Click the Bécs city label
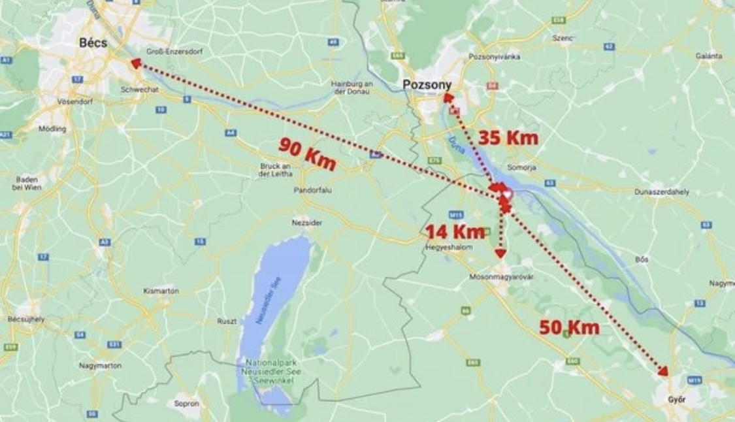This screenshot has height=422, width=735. tap(92, 43)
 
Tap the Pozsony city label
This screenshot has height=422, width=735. tap(427, 84)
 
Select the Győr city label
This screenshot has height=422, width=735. tap(677, 398)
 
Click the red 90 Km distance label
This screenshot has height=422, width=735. tap(307, 154)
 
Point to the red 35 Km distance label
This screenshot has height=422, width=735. tap(508, 138)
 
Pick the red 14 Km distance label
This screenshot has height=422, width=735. tap(455, 231)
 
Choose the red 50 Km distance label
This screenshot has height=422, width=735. tap(569, 327)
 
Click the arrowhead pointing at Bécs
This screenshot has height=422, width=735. tap(135, 63)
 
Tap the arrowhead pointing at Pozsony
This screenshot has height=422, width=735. tap(448, 97)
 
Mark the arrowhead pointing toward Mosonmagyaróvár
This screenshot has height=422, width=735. tap(501, 253)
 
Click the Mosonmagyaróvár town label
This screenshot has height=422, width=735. tap(502, 277)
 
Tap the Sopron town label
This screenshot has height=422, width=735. tap(186, 404)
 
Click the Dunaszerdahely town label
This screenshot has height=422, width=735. tap(662, 192)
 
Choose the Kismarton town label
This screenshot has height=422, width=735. tap(160, 291)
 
